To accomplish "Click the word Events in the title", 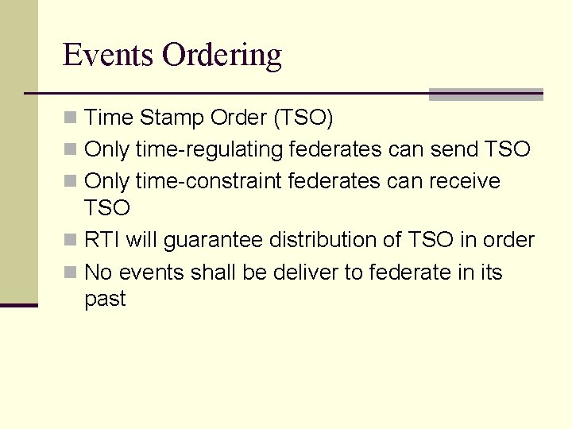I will pyautogui.click(x=108, y=55).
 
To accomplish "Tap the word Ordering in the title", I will pyautogui.click(x=222, y=56).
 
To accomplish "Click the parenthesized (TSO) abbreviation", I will pyautogui.click(x=303, y=118).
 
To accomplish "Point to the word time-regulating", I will pyautogui.click(x=210, y=149).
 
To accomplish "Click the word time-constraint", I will pyautogui.click(x=209, y=181).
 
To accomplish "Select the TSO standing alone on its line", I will pyautogui.click(x=106, y=208).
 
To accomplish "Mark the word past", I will pyautogui.click(x=105, y=300).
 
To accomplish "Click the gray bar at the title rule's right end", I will pyautogui.click(x=485, y=95).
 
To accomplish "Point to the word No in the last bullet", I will pyautogui.click(x=98, y=272).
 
